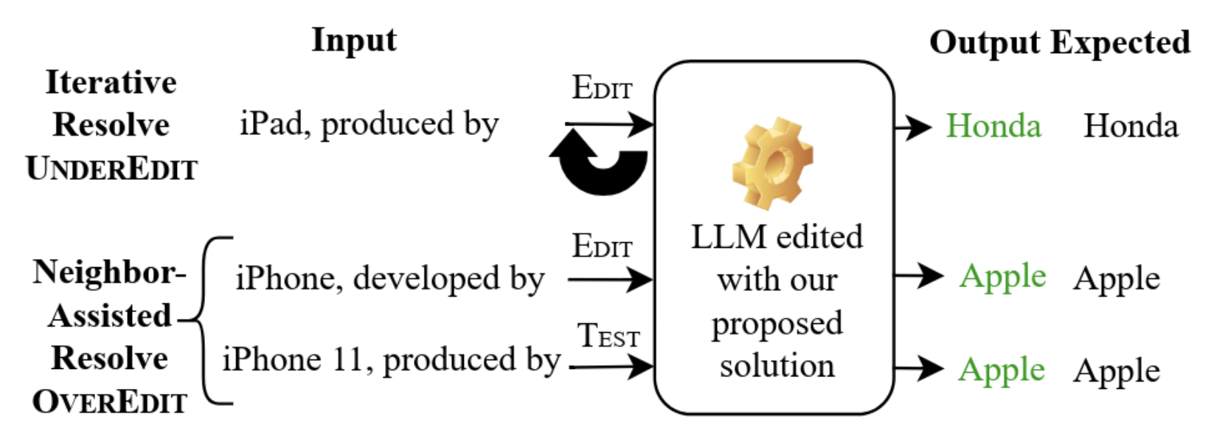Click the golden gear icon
tap(773, 163)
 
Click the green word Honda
tap(993, 126)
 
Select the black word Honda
tap(1130, 126)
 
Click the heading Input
tap(353, 40)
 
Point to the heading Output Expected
tap(1059, 43)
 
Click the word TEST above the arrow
tap(608, 336)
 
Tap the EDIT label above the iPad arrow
tap(602, 89)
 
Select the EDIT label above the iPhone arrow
tap(602, 246)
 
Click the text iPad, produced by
tap(369, 124)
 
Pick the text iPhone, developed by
tap(389, 280)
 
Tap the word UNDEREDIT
tap(111, 169)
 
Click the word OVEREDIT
tap(110, 402)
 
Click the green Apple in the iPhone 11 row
tap(1002, 370)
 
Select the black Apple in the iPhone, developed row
tap(1116, 279)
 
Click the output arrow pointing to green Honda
tap(913, 127)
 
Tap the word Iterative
tap(111, 83)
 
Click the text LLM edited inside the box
tap(776, 238)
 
